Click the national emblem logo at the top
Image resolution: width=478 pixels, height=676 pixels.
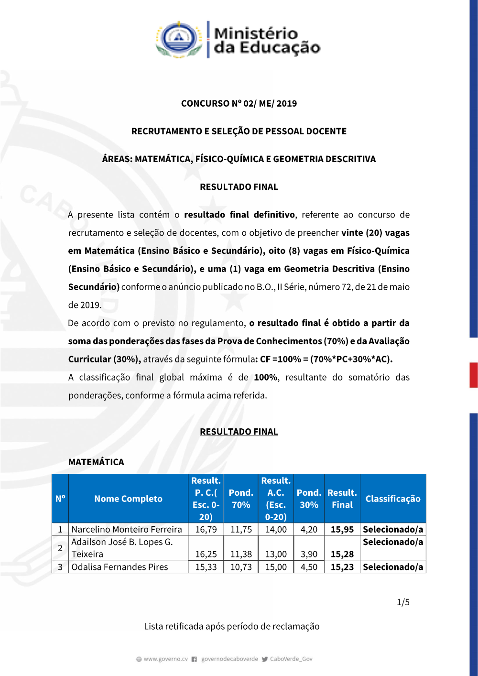[x=178, y=39]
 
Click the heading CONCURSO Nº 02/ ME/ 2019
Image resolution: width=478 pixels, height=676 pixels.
[x=239, y=103]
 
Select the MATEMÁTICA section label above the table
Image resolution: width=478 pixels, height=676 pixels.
[x=96, y=462]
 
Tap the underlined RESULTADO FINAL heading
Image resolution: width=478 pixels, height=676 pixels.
[x=239, y=432]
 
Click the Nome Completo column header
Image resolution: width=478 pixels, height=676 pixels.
[x=128, y=499]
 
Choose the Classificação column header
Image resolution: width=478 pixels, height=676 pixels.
[x=393, y=499]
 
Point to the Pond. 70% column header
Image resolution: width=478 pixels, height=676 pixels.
[x=241, y=499]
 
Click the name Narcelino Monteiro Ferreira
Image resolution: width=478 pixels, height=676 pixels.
[x=127, y=529]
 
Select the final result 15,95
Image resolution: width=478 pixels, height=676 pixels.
[x=342, y=529]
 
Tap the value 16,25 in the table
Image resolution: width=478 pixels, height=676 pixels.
[x=206, y=554]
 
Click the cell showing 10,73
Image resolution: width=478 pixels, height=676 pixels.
[x=241, y=567]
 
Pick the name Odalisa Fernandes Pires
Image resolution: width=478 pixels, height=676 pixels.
[x=119, y=567]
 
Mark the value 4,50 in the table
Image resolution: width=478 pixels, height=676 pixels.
[x=309, y=567]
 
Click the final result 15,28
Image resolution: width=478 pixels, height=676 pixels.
[x=342, y=554]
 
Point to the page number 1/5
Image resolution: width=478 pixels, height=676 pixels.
[x=403, y=602]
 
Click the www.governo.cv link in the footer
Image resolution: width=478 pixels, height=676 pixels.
[x=165, y=659]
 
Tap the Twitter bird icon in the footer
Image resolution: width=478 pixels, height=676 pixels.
[x=265, y=659]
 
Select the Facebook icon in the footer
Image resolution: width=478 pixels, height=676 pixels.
[x=194, y=659]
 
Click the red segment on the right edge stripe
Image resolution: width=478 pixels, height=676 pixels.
[x=473, y=375]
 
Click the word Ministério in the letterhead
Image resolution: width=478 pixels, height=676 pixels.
[x=256, y=33]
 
